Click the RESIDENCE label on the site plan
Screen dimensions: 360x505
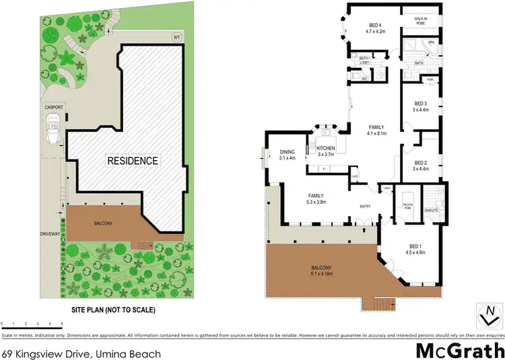pos(131,161)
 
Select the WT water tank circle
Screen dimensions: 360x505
pos(176,36)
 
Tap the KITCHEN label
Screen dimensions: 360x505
pos(326,149)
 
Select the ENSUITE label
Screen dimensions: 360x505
pos(432,211)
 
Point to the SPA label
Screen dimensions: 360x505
pos(432,42)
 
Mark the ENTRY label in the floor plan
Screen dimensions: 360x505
pos(366,207)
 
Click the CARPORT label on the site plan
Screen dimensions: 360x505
pos(53,107)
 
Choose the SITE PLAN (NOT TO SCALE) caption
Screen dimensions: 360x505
pos(114,311)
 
